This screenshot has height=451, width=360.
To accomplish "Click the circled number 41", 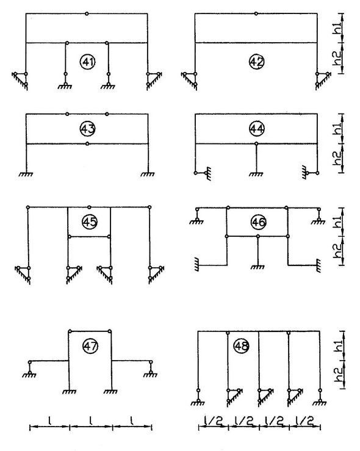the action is click(88, 62).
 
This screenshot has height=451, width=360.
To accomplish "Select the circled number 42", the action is click(256, 62).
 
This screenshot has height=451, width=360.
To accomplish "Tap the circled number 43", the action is click(88, 129).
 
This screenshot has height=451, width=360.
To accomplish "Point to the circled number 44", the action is click(257, 129).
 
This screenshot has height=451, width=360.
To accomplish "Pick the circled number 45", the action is click(90, 222).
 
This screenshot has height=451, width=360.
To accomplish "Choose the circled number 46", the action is click(259, 222).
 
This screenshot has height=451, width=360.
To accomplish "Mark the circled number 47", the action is click(90, 346).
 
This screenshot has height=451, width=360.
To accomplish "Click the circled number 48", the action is click(242, 346).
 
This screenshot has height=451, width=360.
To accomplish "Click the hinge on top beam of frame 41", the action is click(87, 13).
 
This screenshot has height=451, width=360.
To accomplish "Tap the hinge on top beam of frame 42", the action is click(256, 13).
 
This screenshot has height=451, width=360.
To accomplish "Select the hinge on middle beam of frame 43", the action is click(87, 143).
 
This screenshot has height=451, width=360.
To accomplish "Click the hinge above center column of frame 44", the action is click(256, 143).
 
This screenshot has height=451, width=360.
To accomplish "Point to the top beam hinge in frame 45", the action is click(90, 207).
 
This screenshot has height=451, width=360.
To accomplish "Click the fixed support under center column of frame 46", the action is click(257, 267).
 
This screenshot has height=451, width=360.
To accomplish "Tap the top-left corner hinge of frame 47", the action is click(70, 331).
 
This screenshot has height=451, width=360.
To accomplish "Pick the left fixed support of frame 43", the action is click(26, 174).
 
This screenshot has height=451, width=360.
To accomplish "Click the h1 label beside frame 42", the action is click(337, 28).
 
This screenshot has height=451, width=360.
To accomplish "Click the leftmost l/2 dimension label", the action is click(214, 421).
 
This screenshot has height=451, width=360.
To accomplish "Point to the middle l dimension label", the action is click(91, 422).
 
